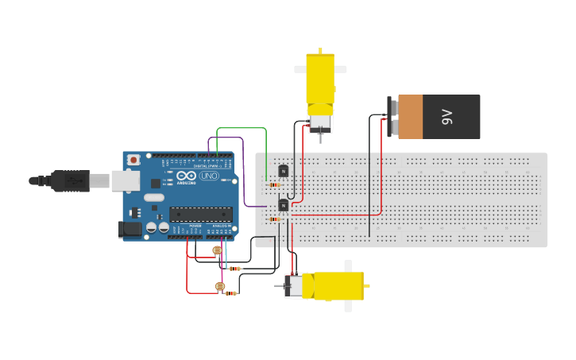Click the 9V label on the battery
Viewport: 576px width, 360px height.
coord(446,118)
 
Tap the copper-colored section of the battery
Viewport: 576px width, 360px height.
coord(410,117)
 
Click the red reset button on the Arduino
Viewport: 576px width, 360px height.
coord(133,160)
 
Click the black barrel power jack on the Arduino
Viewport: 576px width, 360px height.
coord(130,230)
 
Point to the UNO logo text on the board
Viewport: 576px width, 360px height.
coord(209,176)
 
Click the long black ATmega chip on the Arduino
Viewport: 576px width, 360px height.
coord(201,214)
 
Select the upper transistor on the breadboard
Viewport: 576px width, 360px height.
coord(283,171)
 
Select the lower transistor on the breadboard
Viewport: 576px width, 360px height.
coord(283,206)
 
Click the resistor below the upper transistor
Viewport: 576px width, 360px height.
coord(274,185)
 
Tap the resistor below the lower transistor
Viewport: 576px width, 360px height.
coord(274,219)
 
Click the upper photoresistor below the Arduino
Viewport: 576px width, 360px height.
coord(217,251)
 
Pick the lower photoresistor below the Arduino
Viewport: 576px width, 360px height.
coord(220,287)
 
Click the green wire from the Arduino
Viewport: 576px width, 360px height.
coord(242,129)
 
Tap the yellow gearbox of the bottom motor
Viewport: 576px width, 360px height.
coord(334,286)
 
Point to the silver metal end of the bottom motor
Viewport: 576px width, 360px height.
coord(293,286)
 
